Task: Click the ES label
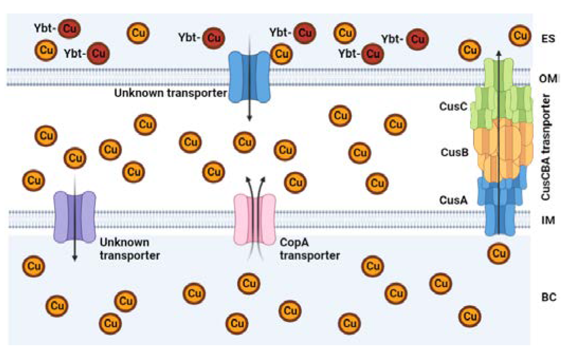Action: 548,39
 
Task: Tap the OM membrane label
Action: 548,79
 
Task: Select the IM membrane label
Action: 548,220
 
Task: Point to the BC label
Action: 548,297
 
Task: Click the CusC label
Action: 453,106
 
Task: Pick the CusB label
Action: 454,152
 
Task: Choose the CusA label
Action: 453,200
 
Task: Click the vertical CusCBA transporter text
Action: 546,147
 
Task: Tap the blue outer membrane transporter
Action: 249,77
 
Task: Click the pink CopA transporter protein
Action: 255,220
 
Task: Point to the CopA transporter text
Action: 309,249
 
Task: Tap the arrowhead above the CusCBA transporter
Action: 499,53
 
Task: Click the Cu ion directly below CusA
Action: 499,253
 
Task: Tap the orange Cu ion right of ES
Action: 520,35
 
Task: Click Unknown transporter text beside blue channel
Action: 170,93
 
